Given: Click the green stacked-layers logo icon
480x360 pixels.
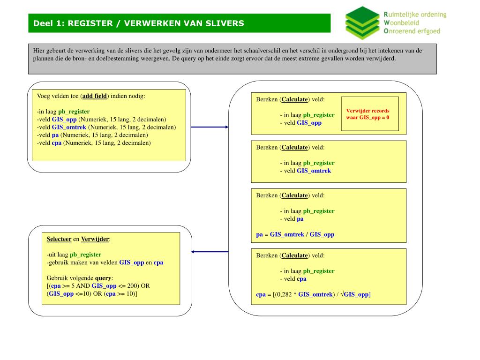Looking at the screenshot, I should point(362,23).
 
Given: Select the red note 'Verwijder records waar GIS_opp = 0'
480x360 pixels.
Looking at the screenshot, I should point(368,114).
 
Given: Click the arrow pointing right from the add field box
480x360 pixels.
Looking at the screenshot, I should point(210,127).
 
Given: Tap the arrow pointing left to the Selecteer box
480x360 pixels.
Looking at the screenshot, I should point(210,252).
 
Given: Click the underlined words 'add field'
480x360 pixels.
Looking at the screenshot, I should point(95,96).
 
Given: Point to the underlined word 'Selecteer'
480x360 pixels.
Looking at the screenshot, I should point(59,239).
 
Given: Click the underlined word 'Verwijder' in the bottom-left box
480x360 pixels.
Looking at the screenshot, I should point(95,239).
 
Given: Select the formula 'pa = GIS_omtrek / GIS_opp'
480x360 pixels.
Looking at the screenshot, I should point(295,234).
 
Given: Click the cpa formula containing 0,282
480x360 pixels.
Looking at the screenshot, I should point(313,294).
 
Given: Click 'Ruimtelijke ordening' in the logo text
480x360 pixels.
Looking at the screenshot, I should point(415,15).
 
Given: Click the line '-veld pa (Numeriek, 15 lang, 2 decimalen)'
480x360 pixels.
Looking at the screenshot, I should point(92,135).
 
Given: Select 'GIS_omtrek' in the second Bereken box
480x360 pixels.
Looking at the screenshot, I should point(314,171).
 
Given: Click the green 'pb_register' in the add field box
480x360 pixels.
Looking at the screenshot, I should point(74,112).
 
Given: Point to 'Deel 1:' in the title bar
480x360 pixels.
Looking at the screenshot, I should point(49,23).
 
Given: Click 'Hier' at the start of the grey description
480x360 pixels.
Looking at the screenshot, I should point(39,51).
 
